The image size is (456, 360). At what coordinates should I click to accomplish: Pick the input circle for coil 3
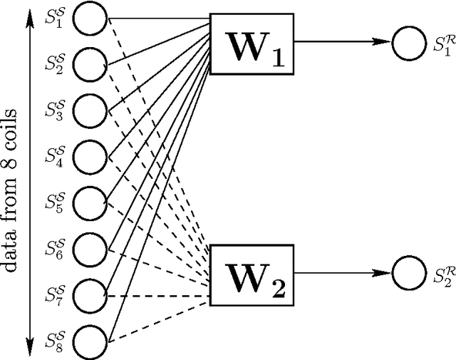pos(90,110)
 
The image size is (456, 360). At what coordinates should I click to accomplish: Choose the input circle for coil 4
pos(90,155)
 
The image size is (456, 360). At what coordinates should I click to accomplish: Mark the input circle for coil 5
pos(90,202)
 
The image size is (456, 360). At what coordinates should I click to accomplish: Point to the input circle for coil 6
pos(90,247)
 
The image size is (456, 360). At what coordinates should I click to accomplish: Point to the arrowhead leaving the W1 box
pos(385,42)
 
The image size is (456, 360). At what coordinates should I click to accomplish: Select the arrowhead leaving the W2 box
pos(385,271)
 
